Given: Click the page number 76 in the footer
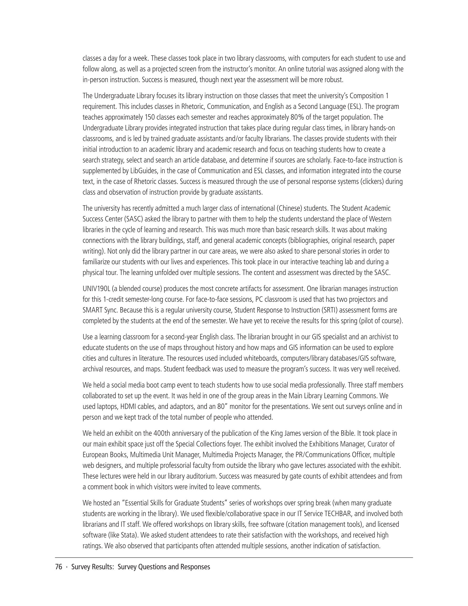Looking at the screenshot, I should [x=58, y=567].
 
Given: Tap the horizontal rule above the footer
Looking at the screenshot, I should [x=234, y=557].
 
